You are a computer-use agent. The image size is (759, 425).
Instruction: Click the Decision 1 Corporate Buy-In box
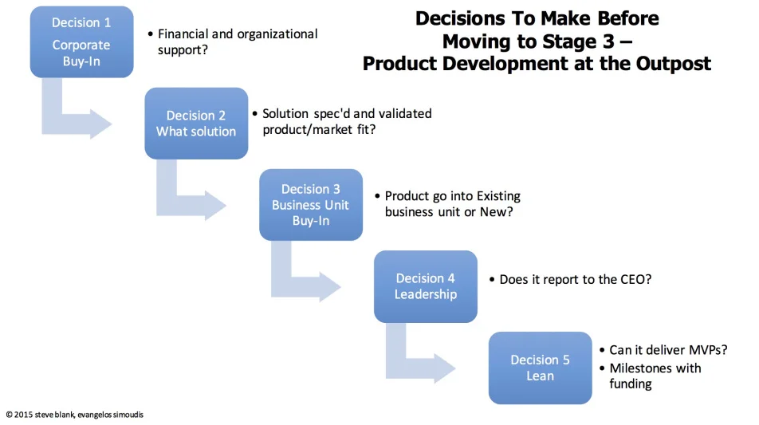coord(81,41)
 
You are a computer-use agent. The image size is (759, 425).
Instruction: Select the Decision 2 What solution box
coord(196,124)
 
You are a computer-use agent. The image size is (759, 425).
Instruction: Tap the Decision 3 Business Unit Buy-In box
coord(310,205)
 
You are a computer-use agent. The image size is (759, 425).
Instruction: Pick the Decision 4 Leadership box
coord(425,286)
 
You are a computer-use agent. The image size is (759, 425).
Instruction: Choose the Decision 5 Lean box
coord(540,368)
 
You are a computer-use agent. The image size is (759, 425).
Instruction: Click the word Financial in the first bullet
coord(186,34)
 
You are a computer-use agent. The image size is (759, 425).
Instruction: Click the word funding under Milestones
coord(630,384)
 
